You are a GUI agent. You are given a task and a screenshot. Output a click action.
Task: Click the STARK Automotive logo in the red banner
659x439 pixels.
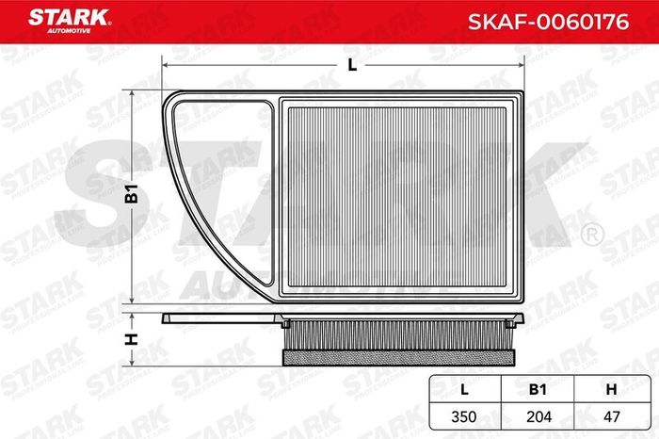70,21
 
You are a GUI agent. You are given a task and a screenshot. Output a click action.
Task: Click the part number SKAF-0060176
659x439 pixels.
549,22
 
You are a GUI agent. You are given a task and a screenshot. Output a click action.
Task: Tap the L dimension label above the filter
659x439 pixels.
352,65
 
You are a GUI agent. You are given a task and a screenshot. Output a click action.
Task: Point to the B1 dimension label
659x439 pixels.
132,193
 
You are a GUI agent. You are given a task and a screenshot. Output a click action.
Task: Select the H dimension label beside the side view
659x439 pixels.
132,339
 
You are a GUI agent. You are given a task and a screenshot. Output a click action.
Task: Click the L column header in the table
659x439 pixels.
464,389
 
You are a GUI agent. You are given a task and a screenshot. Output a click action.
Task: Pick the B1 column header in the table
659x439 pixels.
538,389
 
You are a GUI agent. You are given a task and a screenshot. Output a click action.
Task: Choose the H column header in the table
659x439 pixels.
612,389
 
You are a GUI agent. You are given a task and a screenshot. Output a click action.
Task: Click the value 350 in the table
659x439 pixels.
464,416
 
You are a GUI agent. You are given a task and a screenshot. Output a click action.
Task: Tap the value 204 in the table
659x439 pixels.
538,416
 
